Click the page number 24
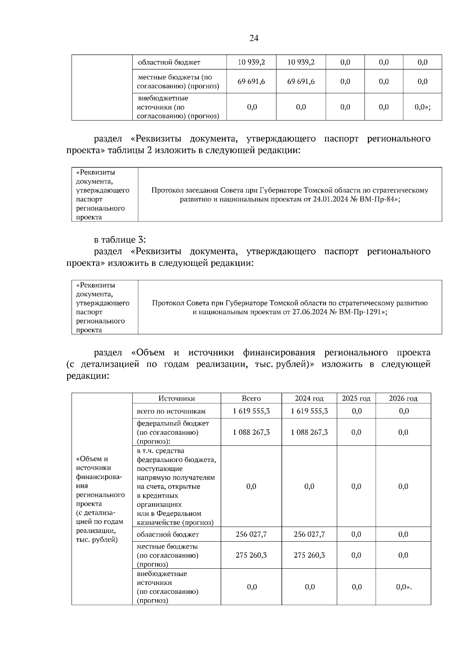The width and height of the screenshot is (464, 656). (254, 38)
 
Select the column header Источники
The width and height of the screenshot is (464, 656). (177, 398)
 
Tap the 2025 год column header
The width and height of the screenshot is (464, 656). (356, 398)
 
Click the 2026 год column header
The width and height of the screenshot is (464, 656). (403, 398)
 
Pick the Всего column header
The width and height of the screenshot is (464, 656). (251, 398)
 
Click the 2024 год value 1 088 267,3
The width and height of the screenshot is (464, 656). (309, 432)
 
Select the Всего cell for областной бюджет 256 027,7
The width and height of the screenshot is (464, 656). (251, 534)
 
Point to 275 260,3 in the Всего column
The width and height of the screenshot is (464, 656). (251, 555)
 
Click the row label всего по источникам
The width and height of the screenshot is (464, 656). (171, 411)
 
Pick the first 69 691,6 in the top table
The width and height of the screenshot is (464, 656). (251, 82)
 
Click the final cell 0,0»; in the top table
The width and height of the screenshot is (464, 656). (422, 107)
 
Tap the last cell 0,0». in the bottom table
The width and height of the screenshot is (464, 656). (404, 587)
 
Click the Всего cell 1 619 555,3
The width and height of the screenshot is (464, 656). (251, 411)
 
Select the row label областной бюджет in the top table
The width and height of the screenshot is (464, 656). (169, 62)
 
